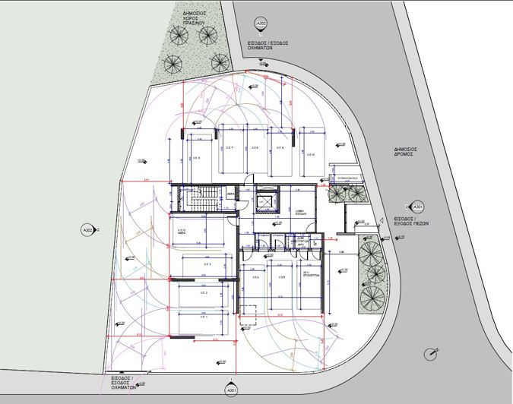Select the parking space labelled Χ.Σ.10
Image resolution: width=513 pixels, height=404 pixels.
coord(310,154)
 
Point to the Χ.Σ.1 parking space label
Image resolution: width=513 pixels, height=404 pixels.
coord(203,316)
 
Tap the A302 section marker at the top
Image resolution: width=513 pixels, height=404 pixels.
coord(261,24)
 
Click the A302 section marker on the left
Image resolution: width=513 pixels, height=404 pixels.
coord(87,229)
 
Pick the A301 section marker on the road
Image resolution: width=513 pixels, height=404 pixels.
coord(417,206)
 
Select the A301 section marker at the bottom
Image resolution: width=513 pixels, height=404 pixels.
coord(230,390)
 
